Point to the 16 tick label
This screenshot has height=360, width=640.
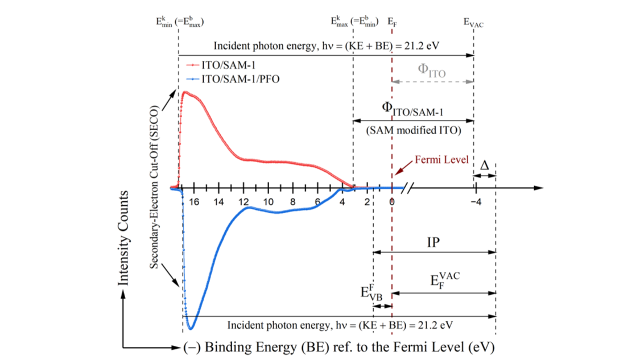tap(194, 202)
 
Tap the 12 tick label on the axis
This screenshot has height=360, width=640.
tap(243, 202)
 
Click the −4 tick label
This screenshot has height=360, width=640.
tap(476, 202)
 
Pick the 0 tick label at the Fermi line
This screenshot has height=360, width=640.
tap(391, 202)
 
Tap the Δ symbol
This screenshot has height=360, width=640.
tap(484, 165)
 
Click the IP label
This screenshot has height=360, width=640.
tap(434, 242)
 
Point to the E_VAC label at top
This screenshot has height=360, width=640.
tap(474, 23)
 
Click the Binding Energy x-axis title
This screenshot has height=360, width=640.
tap(338, 346)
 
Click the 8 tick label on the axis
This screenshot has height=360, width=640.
tap(292, 202)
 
